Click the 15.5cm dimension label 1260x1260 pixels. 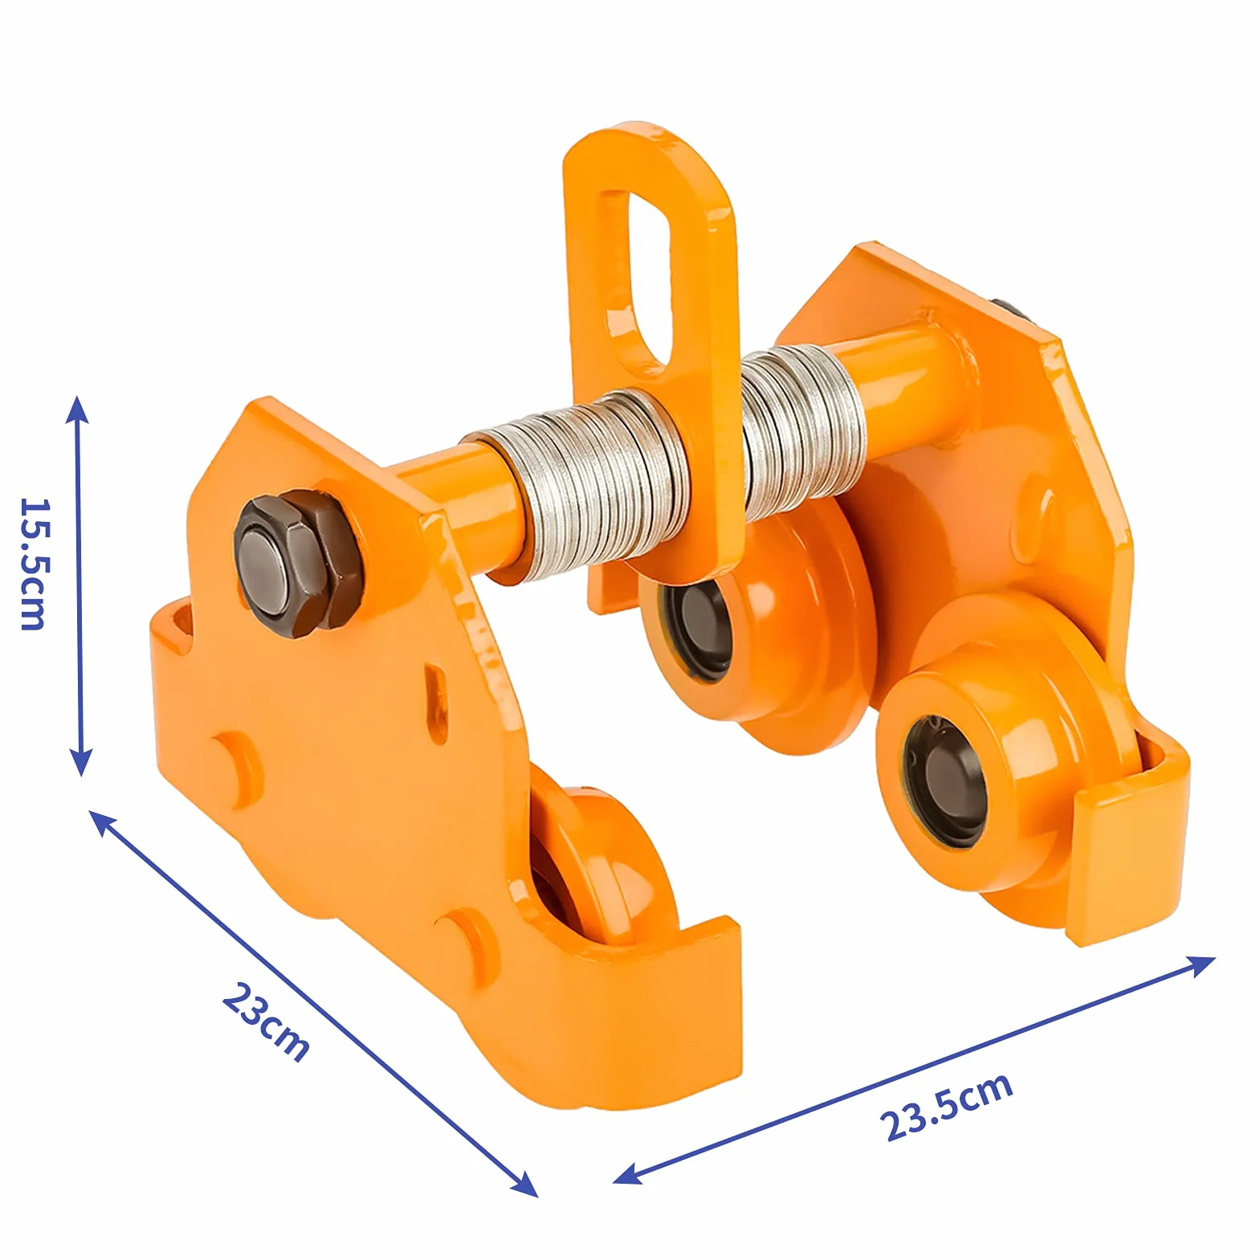coord(34,564)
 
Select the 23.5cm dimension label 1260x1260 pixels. coord(946,1107)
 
